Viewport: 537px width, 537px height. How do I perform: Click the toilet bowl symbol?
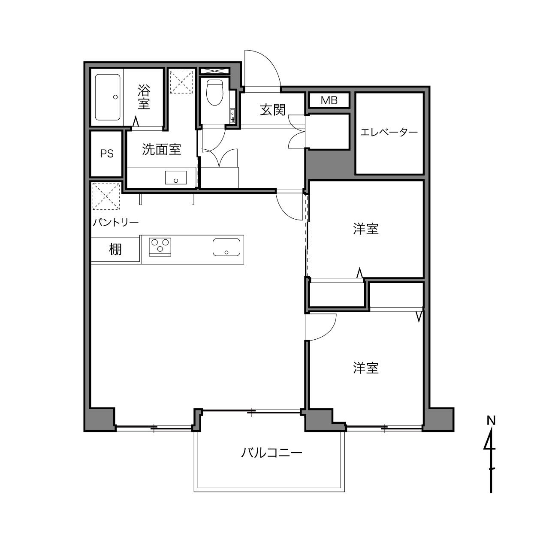pyautogui.click(x=214, y=92)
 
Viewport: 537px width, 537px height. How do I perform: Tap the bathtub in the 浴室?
pyautogui.click(x=108, y=97)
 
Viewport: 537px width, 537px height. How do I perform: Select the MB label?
pyautogui.click(x=329, y=100)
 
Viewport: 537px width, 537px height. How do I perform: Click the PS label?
pyautogui.click(x=107, y=154)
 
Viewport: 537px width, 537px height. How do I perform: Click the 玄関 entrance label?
pyautogui.click(x=272, y=110)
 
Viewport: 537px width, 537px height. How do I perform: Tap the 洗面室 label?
pyautogui.click(x=162, y=149)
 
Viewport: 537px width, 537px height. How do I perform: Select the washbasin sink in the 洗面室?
pyautogui.click(x=176, y=178)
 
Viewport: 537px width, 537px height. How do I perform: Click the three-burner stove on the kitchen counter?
pyautogui.click(x=160, y=247)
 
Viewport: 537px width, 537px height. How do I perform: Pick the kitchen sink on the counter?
pyautogui.click(x=226, y=247)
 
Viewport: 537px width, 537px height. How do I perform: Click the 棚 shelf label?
pyautogui.click(x=115, y=249)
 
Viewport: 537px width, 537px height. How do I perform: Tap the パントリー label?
pyautogui.click(x=116, y=222)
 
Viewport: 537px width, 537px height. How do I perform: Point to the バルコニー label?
pyautogui.click(x=272, y=453)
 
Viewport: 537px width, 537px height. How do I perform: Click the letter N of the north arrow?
pyautogui.click(x=491, y=420)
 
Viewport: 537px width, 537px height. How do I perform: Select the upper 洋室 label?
pyautogui.click(x=365, y=229)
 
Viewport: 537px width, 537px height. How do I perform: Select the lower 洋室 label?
pyautogui.click(x=365, y=368)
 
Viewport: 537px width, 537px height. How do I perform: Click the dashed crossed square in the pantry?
pyautogui.click(x=106, y=196)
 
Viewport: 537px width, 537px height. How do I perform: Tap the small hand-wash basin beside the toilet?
pyautogui.click(x=232, y=115)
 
